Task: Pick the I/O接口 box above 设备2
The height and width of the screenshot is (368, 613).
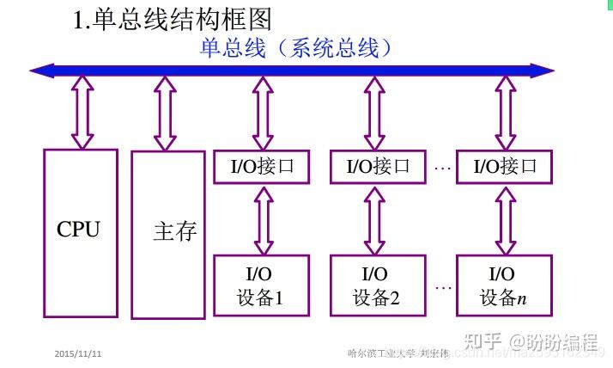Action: [x=378, y=167]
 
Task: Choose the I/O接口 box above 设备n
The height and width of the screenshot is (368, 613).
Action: [x=504, y=167]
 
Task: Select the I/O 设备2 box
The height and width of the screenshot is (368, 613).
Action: [x=378, y=286]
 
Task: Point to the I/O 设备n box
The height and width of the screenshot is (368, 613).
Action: [x=504, y=286]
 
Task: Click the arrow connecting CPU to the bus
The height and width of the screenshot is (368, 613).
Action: [x=83, y=112]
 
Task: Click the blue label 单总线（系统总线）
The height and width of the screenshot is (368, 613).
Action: [x=296, y=48]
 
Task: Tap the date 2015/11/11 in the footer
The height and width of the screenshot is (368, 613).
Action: [x=78, y=353]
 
